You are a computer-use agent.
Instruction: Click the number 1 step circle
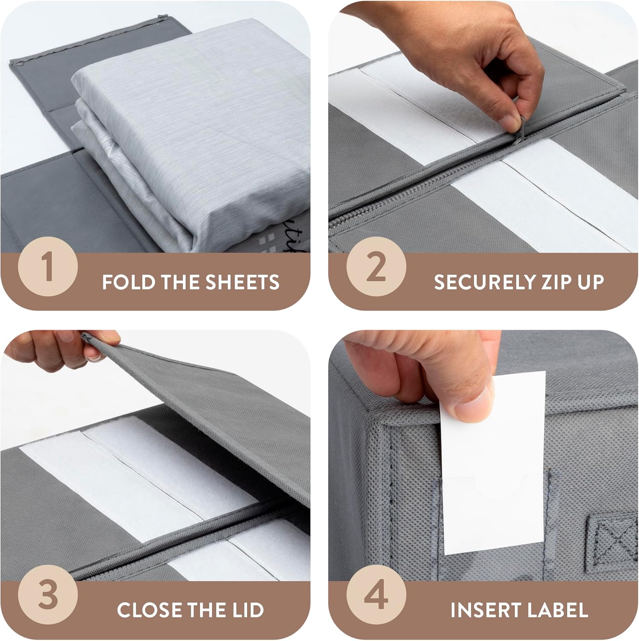[48, 266]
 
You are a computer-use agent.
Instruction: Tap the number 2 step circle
[376, 266]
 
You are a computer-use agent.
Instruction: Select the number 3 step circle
[48, 594]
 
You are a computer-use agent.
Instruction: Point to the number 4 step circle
[376, 594]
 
